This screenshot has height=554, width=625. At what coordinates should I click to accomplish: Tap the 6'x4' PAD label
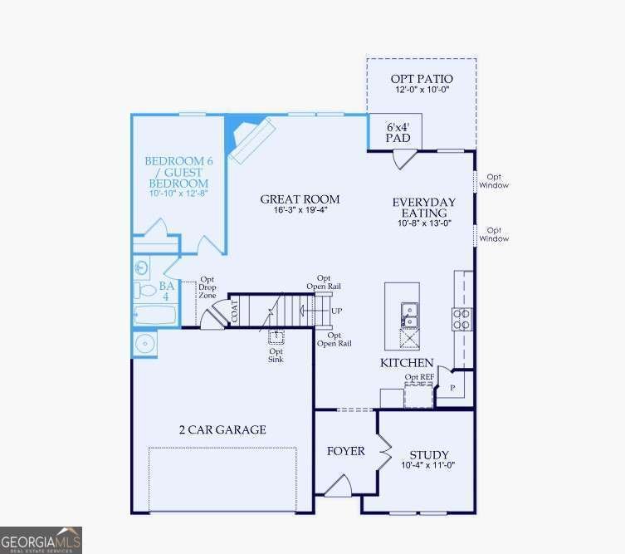(x=398, y=132)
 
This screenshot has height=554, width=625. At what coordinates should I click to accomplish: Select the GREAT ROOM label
(x=300, y=205)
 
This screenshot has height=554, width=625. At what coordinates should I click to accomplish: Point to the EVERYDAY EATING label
(x=423, y=213)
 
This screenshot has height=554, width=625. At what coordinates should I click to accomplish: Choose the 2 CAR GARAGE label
(x=222, y=429)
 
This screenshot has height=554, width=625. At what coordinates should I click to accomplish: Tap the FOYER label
(x=345, y=451)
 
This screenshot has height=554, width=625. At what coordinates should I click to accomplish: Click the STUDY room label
(x=429, y=460)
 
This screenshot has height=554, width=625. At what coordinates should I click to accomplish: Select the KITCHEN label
(x=407, y=363)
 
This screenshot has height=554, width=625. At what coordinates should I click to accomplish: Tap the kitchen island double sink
(x=410, y=314)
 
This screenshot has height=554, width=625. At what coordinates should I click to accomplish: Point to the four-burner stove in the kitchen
(x=461, y=319)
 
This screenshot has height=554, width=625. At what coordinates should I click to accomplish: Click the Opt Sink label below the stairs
(x=276, y=355)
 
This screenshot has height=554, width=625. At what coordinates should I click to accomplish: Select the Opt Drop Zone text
(x=207, y=288)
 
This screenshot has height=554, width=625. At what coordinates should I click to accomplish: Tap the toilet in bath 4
(x=142, y=290)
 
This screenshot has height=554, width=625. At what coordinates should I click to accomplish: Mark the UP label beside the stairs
(x=336, y=311)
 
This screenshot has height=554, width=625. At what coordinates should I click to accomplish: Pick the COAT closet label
(x=235, y=312)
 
